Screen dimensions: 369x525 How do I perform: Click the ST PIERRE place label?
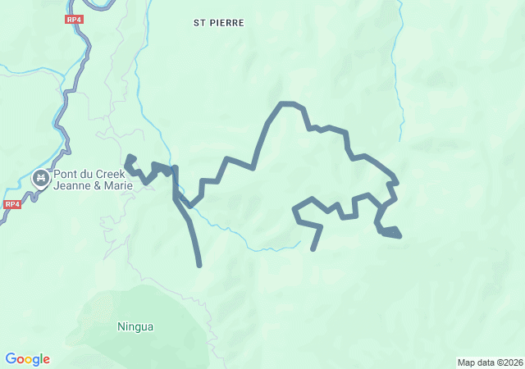tap(219, 23)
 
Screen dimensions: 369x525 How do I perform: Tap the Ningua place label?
tap(135, 326)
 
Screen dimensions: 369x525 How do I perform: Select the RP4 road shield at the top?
tap(75, 18)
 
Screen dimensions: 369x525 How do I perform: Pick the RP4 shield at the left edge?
tap(11, 204)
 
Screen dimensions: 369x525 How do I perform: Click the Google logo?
tap(27, 359)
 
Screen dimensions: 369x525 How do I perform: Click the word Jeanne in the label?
tap(71, 185)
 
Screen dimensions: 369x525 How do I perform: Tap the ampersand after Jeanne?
tap(94, 185)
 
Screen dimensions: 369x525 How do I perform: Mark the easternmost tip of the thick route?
tap(399, 236)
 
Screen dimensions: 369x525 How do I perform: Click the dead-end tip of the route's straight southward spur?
tap(199, 265)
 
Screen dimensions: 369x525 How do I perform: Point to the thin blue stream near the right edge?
tap(402, 82)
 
